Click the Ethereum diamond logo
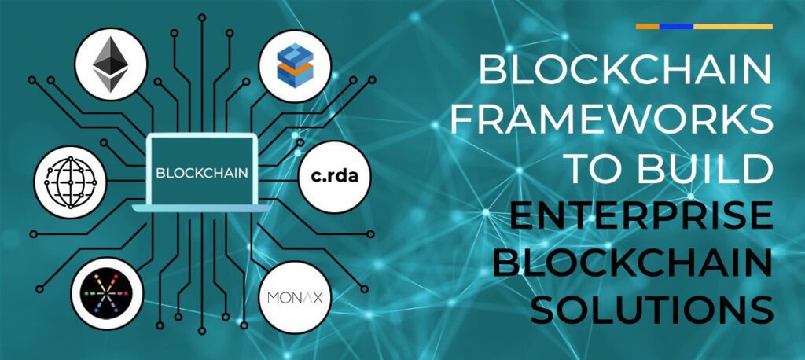click(111, 64)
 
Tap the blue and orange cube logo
click(296, 65)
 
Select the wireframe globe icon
click(70, 182)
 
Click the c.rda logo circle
click(334, 177)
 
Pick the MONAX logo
click(296, 297)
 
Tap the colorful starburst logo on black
click(107, 294)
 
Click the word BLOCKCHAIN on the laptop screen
click(202, 173)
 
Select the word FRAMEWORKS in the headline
click(610, 119)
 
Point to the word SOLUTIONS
click(652, 310)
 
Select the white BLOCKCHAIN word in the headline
click(626, 72)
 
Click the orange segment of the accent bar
click(648, 26)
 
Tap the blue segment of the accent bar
click(677, 26)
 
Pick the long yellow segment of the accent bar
click(733, 26)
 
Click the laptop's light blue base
click(202, 208)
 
